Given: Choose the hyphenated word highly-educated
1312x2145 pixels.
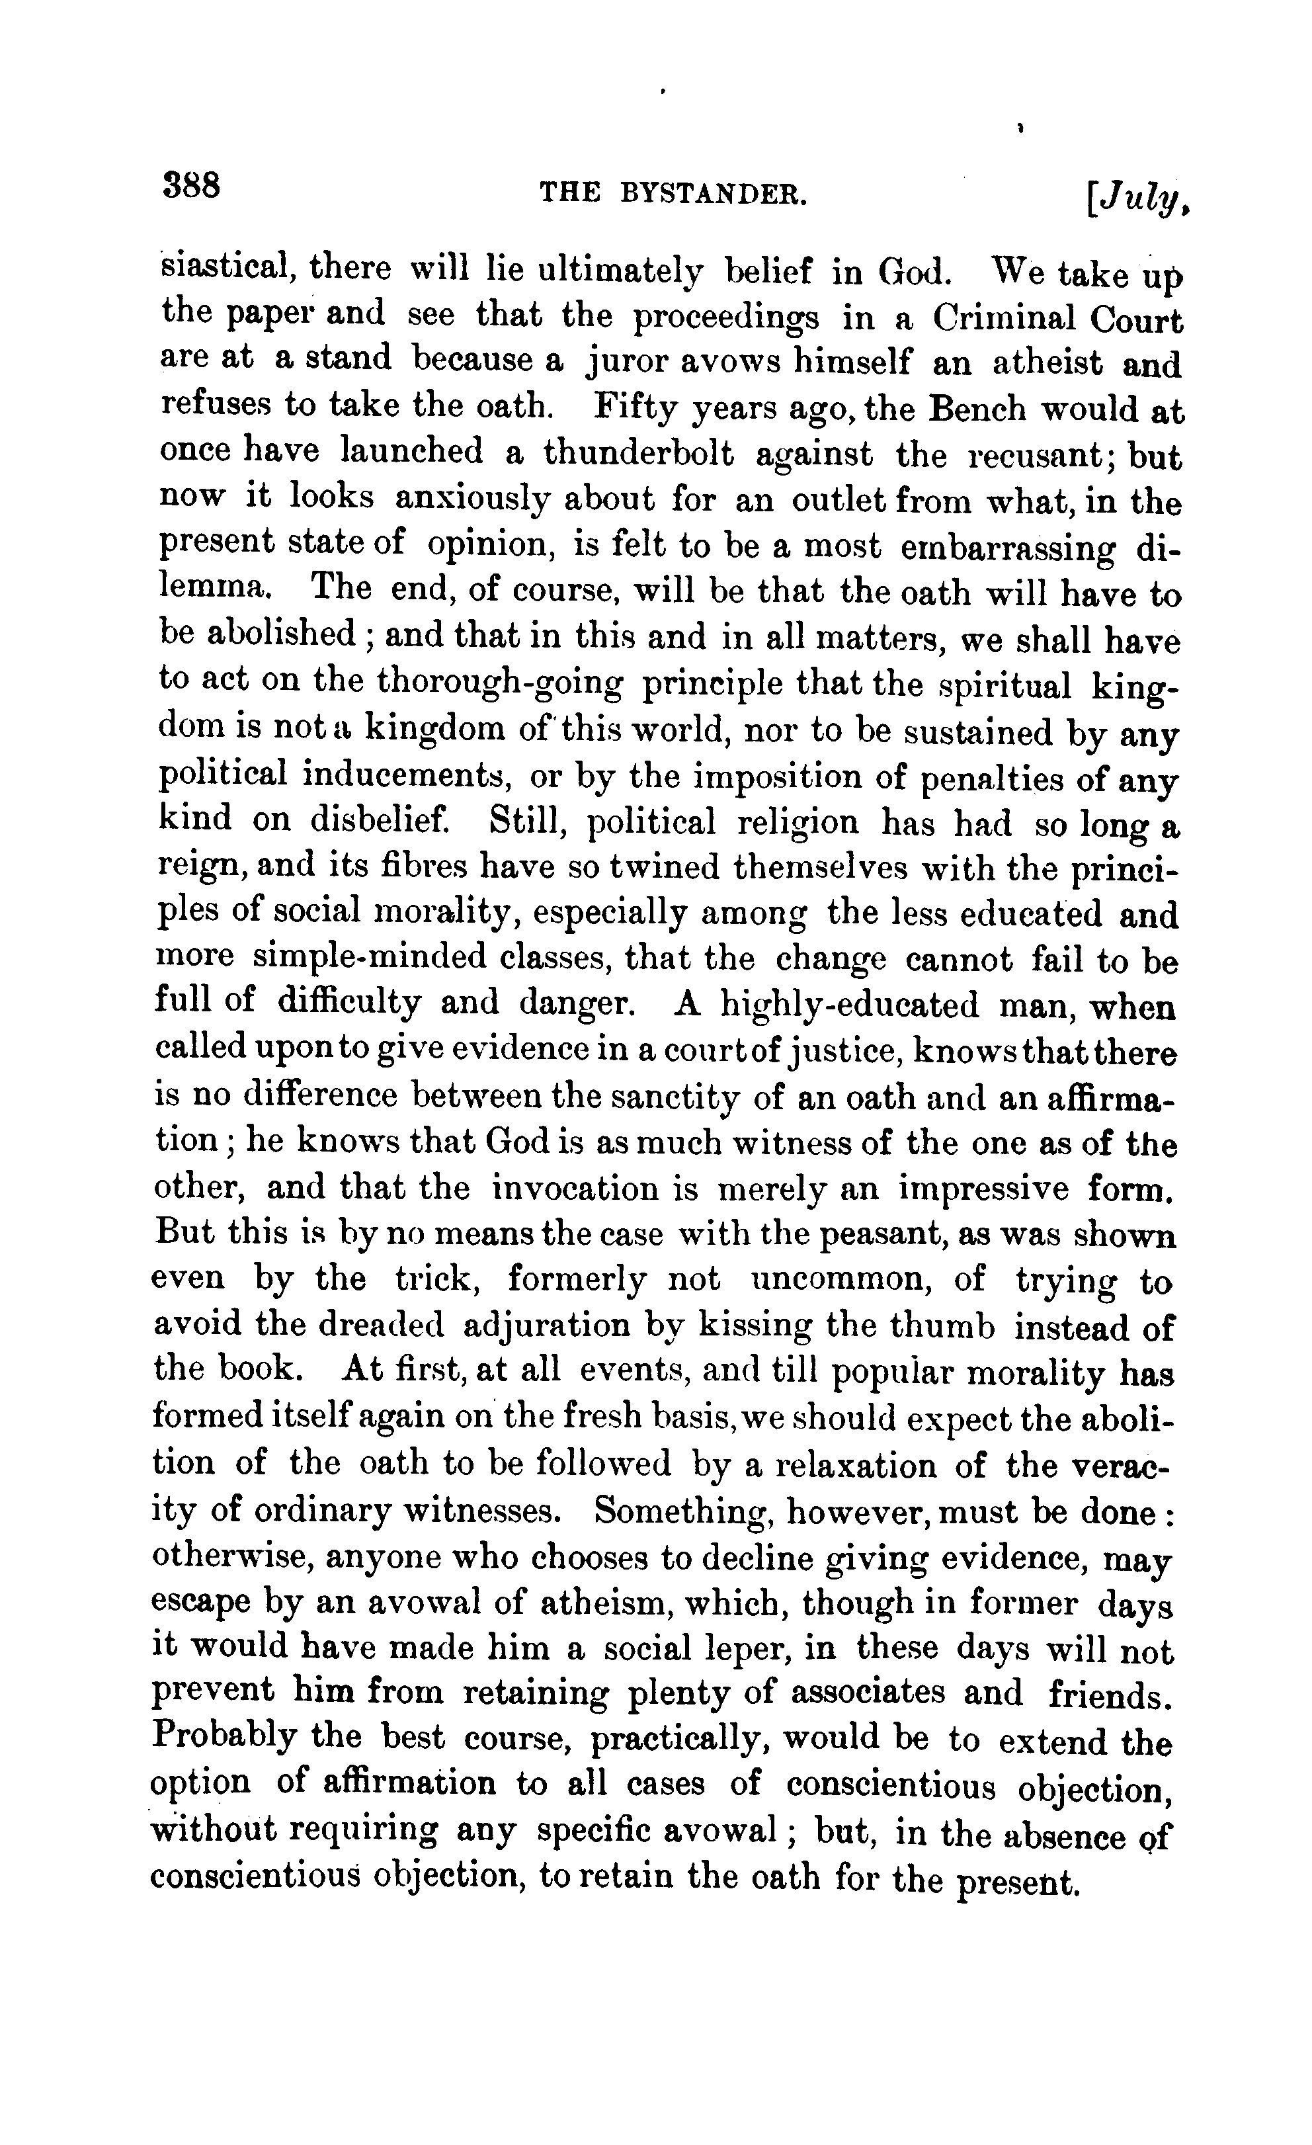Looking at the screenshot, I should tap(850, 1005).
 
